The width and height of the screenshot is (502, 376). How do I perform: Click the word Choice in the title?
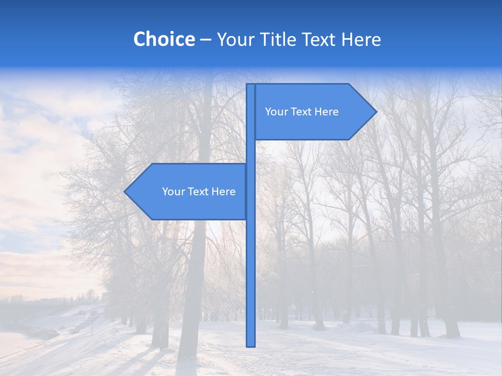164,39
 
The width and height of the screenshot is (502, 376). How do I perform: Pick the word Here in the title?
361,39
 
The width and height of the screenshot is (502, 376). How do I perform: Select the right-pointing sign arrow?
314,112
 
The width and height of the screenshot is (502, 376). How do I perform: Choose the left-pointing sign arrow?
188,192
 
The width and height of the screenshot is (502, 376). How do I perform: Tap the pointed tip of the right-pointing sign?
375,112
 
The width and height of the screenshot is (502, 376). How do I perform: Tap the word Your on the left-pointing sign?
173,192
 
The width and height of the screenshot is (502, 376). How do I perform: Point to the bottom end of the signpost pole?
250,345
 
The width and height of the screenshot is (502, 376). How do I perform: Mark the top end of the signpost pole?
250,85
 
